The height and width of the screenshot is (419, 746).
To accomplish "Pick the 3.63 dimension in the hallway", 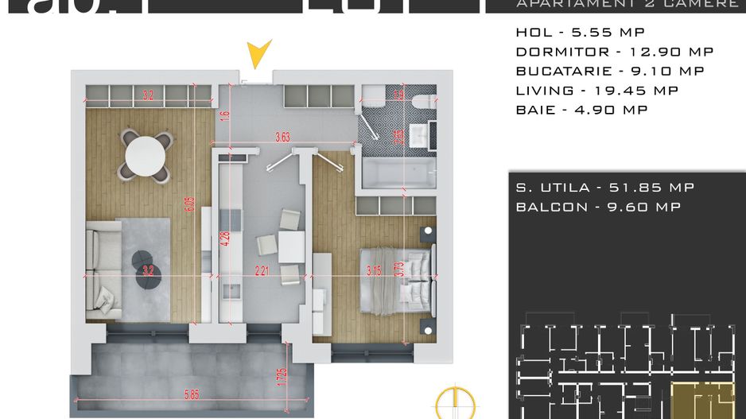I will [x=282, y=138].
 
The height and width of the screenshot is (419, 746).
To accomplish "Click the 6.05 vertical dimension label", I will [x=188, y=206].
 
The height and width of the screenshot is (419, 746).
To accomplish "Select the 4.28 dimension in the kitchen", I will [x=225, y=239].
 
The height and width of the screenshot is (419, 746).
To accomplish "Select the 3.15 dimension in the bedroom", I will [x=373, y=270].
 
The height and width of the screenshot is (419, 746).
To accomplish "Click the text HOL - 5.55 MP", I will [x=580, y=33].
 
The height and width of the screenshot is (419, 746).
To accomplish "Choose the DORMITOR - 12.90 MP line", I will [x=614, y=52].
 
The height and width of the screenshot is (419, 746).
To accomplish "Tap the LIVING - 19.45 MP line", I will [x=596, y=91].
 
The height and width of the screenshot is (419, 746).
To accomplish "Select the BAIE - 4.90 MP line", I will [x=581, y=110].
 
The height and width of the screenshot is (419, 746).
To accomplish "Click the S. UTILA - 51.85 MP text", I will [x=604, y=188].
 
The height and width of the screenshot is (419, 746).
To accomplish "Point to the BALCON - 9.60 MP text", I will [x=597, y=207].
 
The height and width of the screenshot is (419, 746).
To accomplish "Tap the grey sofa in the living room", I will [x=103, y=270].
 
